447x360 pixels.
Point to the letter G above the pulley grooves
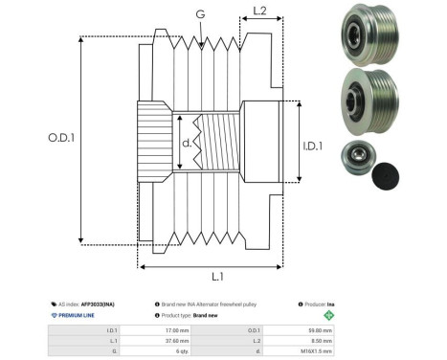[198, 15]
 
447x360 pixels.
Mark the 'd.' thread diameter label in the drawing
[186, 145]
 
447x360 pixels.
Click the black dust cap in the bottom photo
[388, 174]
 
